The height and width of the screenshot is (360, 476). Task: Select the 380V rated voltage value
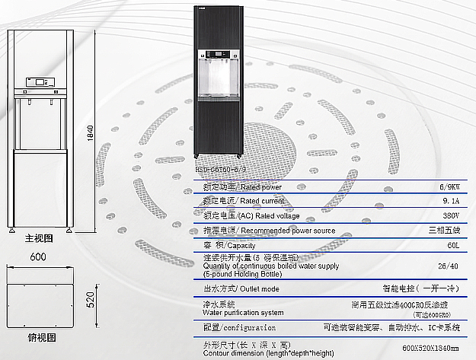(x=450, y=215)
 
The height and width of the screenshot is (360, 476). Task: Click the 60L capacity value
(x=451, y=246)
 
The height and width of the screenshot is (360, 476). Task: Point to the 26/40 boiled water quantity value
(x=449, y=266)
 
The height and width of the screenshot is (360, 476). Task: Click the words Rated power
(x=260, y=187)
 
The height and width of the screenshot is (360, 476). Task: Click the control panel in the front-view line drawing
(x=39, y=80)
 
